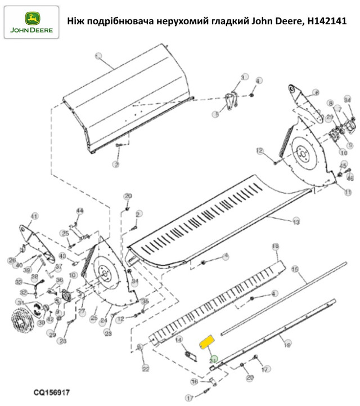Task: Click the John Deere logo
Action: (x=30, y=22)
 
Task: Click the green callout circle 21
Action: (x=213, y=359)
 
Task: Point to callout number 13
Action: (x=296, y=222)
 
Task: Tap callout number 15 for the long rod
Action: (x=295, y=270)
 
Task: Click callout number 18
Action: (x=276, y=247)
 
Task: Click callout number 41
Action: (x=33, y=216)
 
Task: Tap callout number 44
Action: (x=79, y=211)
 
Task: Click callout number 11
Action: (x=348, y=193)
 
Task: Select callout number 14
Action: (x=179, y=340)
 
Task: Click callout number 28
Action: (x=62, y=341)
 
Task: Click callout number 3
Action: (x=244, y=77)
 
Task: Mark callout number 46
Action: (x=350, y=178)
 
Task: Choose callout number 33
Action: (x=18, y=282)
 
